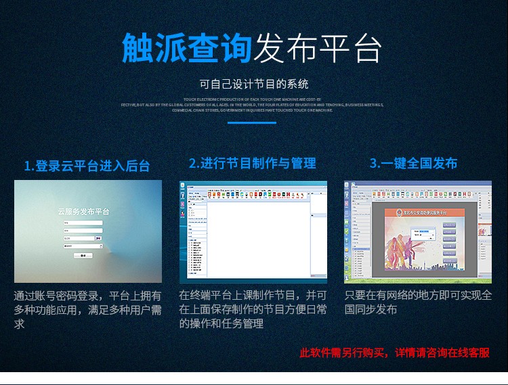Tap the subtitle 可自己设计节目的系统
[x=254, y=85]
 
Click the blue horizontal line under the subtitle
[x=251, y=122]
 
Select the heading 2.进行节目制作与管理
[x=252, y=163]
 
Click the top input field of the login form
[x=83, y=223]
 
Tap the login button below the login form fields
[x=83, y=255]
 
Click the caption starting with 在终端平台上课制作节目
[x=253, y=309]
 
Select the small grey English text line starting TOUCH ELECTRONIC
[x=252, y=99]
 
